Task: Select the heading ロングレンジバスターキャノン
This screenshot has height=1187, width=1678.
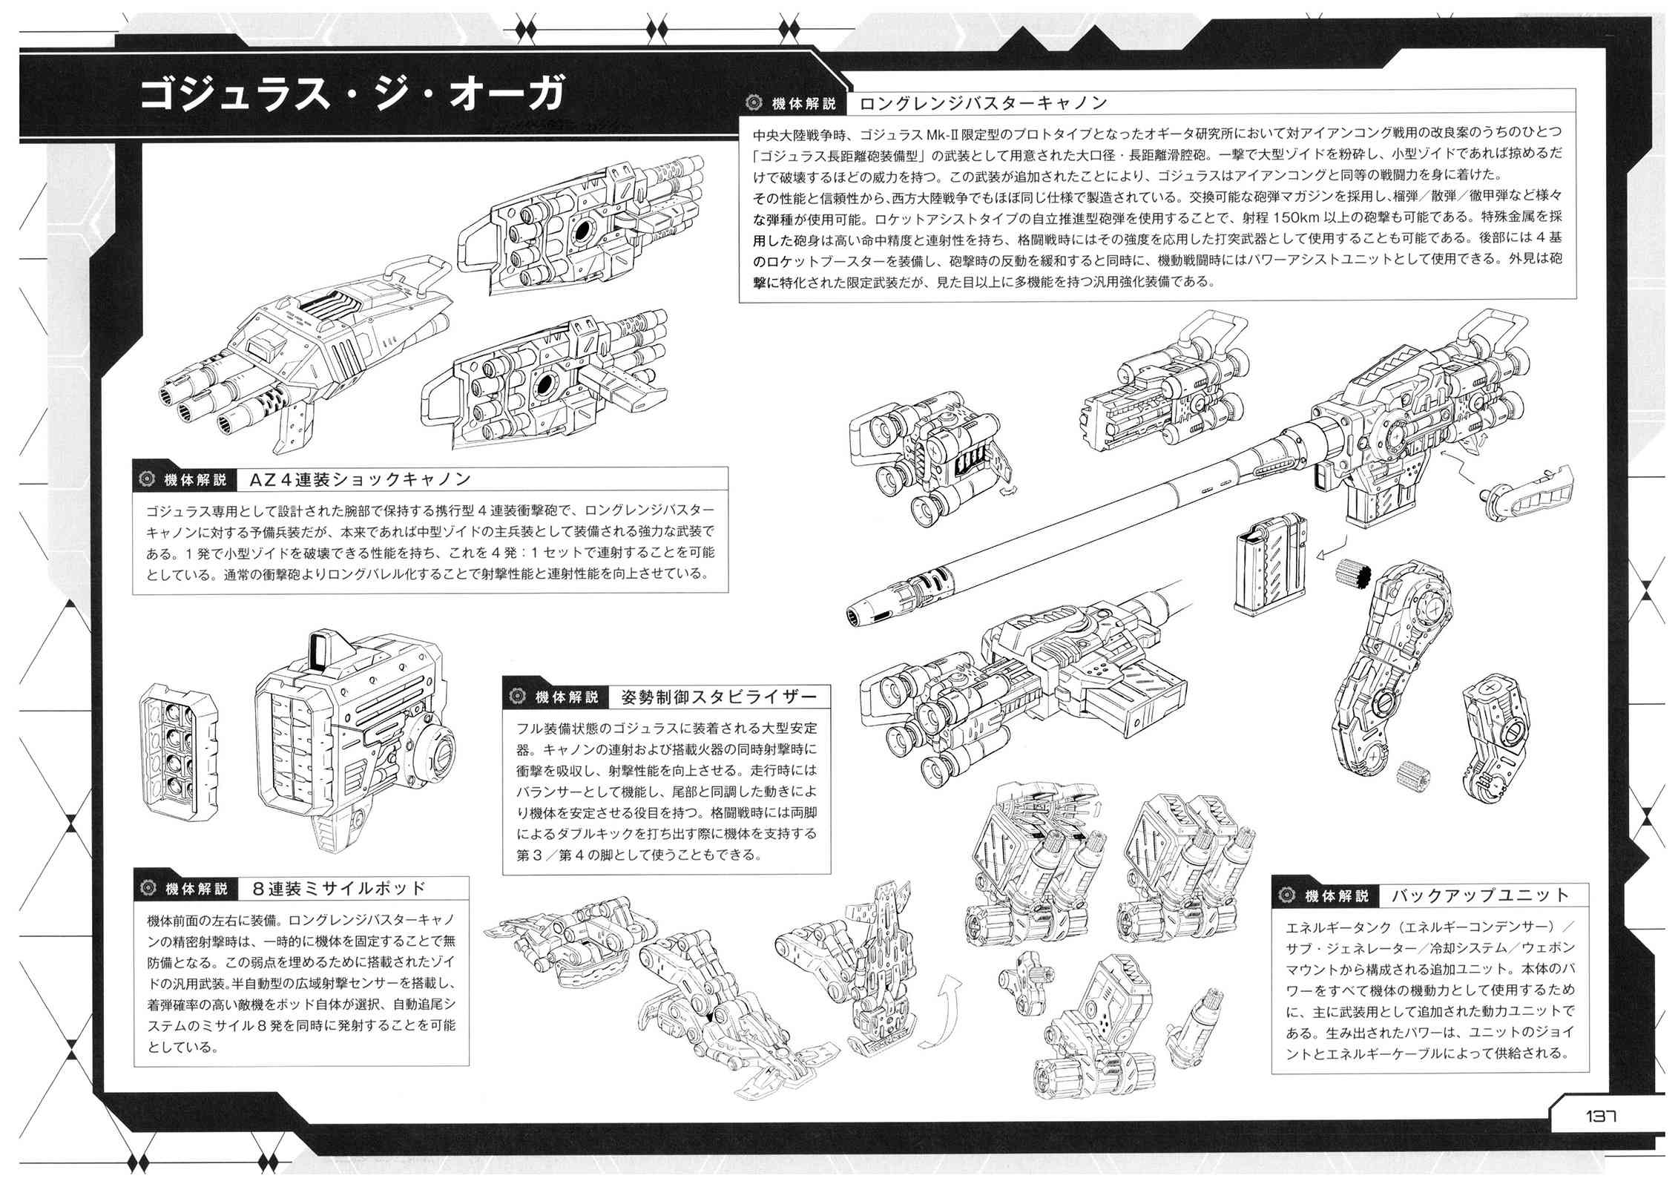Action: click(982, 102)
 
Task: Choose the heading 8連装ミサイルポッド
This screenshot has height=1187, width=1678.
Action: click(340, 888)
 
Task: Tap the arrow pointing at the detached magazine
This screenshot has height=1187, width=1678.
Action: click(1332, 571)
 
